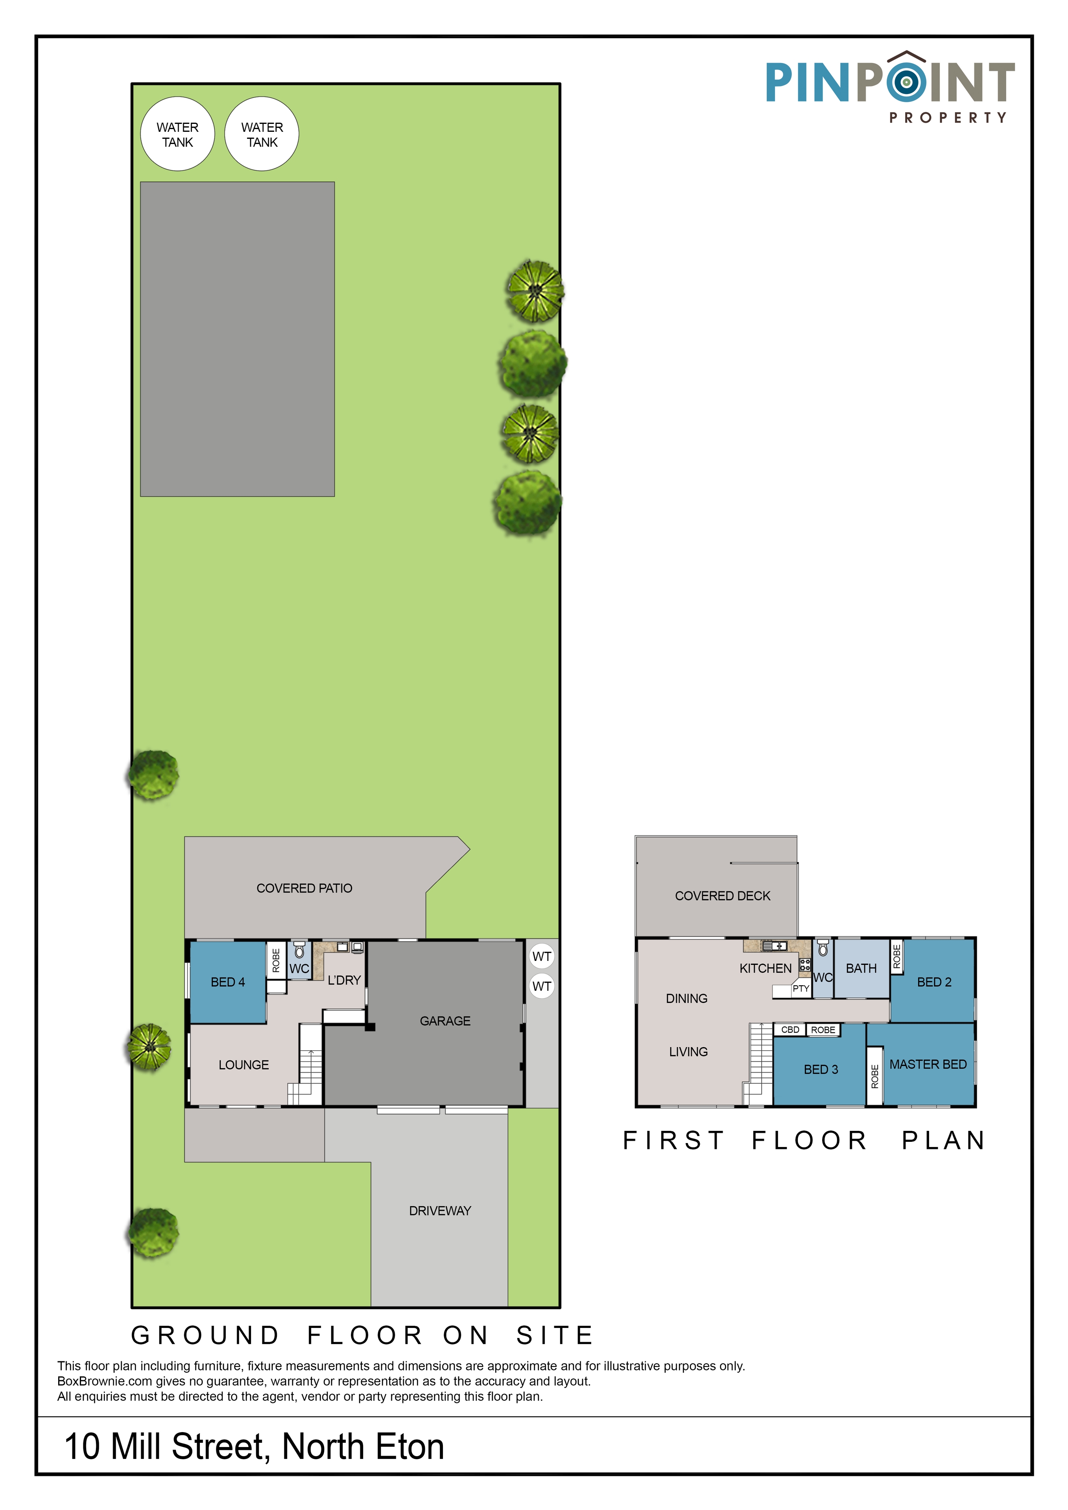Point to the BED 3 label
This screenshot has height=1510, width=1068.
821,1069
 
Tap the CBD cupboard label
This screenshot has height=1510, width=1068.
790,1029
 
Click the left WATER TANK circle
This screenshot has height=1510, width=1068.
177,134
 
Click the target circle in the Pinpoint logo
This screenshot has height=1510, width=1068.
906,81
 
